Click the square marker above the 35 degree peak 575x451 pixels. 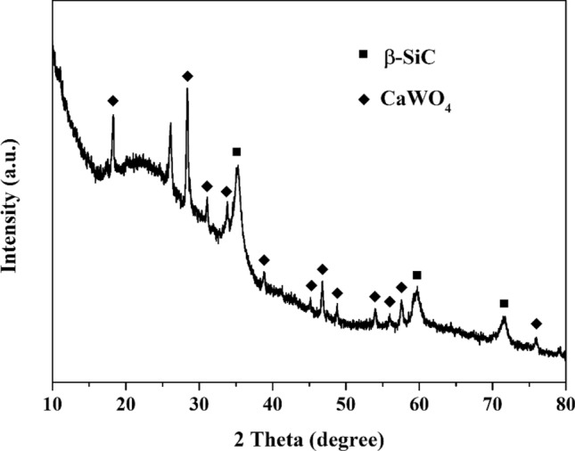236,152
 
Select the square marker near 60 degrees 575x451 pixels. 416,275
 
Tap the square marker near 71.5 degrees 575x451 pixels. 504,303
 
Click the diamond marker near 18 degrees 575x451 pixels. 112,101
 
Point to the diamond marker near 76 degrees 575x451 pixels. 536,324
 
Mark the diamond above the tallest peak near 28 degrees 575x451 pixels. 187,76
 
